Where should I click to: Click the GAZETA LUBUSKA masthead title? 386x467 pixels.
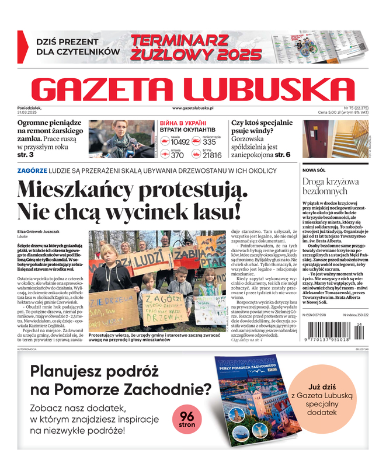pyautogui.click(x=193, y=88)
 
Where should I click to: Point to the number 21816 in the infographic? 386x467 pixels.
pyautogui.click(x=211, y=155)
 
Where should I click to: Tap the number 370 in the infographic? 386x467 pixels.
pyautogui.click(x=177, y=155)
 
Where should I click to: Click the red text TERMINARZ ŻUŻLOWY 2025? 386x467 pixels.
pyautogui.click(x=195, y=48)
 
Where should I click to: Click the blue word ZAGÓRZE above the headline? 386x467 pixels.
pyautogui.click(x=33, y=170)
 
